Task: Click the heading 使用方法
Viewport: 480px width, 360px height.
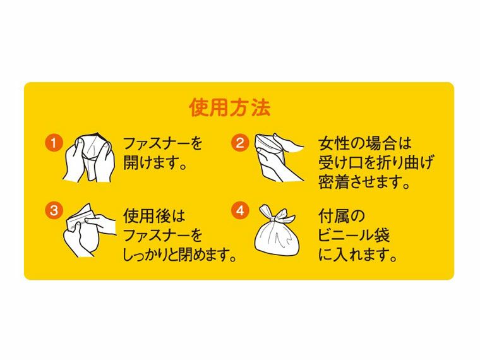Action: click(x=229, y=107)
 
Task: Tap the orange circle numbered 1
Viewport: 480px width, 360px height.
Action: click(x=54, y=143)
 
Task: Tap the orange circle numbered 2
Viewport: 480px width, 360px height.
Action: click(x=240, y=143)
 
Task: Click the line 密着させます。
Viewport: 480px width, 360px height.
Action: click(x=365, y=183)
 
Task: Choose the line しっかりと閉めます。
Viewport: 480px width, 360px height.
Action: click(x=183, y=256)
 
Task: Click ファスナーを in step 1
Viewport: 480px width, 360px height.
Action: click(x=162, y=143)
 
